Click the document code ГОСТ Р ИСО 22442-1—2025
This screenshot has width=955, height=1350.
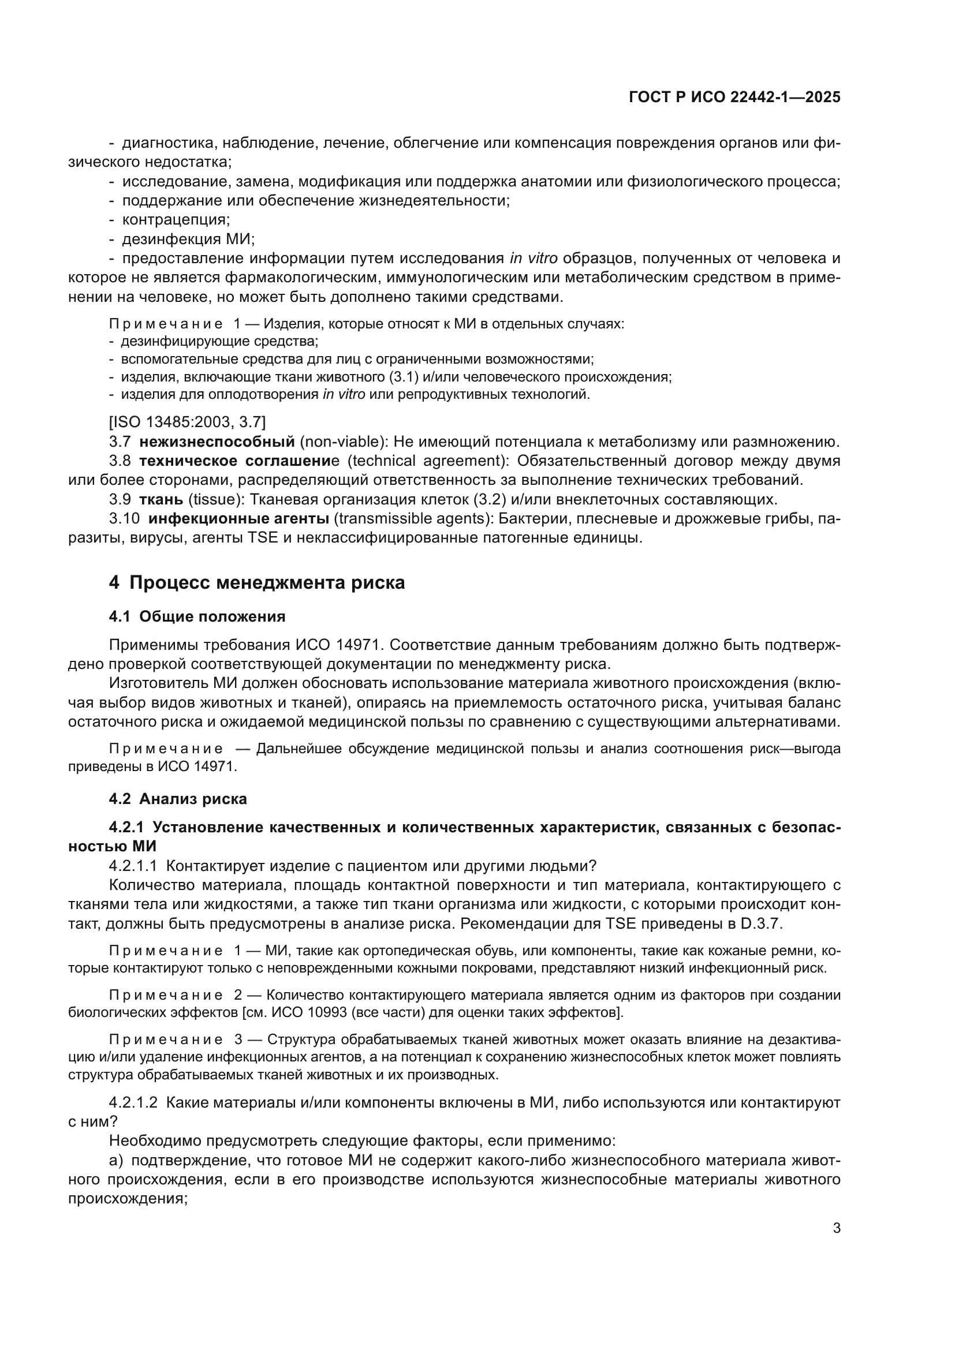pos(734,98)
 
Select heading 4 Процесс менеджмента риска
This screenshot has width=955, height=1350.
pos(257,583)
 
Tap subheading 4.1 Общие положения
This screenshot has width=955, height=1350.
pos(197,617)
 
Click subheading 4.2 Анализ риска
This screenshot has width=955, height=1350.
pos(178,799)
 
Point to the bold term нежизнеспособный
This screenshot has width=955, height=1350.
pos(217,442)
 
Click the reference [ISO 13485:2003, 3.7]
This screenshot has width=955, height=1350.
pos(187,421)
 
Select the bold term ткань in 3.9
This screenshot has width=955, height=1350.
pos(161,500)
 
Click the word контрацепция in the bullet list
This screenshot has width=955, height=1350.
pos(176,220)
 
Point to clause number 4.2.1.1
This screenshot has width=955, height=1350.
pos(133,866)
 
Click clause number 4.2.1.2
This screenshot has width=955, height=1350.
pos(133,1102)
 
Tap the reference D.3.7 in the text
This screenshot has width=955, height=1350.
pos(760,923)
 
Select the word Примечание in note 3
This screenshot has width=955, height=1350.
pos(166,1039)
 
